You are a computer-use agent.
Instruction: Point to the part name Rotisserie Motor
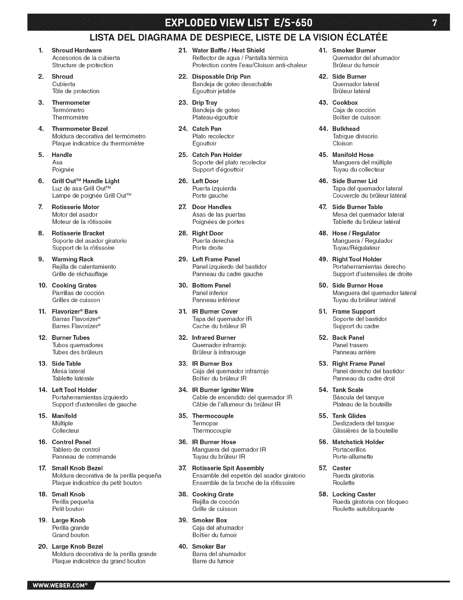(75, 207)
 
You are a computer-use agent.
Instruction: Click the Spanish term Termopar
(205, 423)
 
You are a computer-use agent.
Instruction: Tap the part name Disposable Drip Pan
(221, 77)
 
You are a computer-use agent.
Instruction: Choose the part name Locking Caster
(354, 494)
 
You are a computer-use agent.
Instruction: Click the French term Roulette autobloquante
(363, 509)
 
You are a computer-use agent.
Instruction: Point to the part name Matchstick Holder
(358, 442)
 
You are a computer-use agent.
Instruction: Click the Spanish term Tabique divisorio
(355, 136)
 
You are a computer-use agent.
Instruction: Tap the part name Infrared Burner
(214, 337)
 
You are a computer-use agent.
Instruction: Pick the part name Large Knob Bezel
(77, 547)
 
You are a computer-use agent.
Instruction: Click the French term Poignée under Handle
(63, 170)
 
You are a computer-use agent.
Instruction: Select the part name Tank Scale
(348, 390)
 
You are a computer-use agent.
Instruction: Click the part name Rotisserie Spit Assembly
(228, 468)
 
